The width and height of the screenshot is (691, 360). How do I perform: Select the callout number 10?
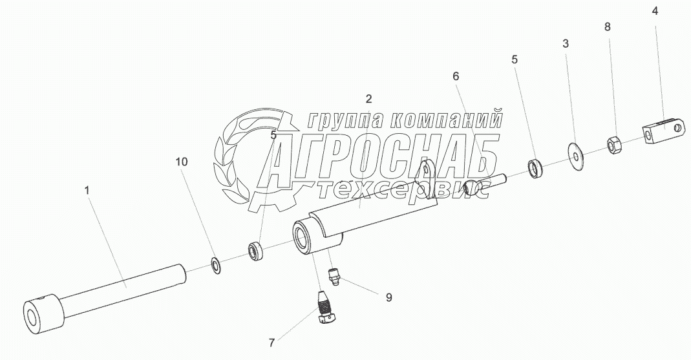[182, 162]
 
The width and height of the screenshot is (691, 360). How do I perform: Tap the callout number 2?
[368, 99]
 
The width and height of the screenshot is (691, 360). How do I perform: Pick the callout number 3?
[566, 44]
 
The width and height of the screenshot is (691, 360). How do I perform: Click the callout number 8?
[607, 27]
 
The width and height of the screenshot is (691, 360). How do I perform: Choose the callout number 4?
[655, 11]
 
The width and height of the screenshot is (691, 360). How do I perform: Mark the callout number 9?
[388, 298]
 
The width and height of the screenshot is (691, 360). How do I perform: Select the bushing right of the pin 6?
[535, 169]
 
